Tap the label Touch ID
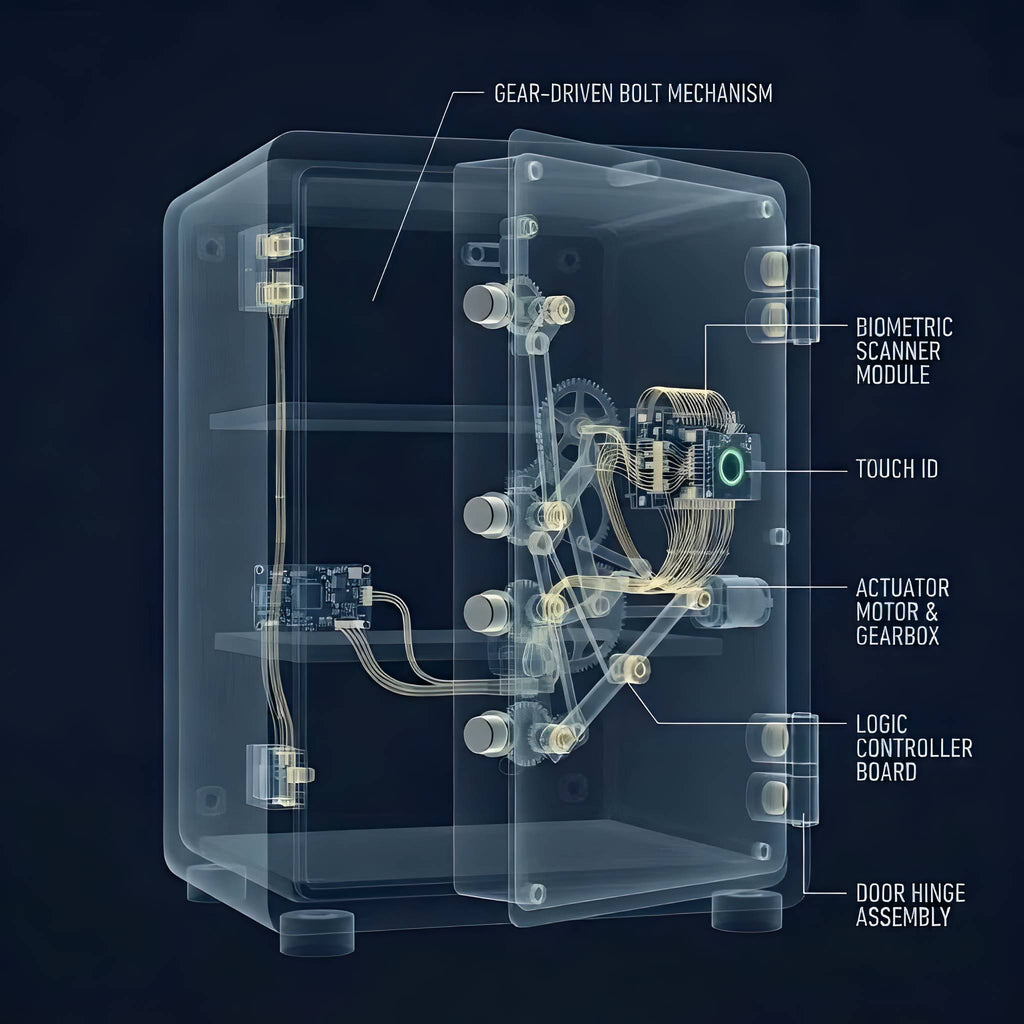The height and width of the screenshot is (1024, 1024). tap(897, 469)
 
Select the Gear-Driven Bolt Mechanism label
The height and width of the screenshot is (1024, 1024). tap(633, 93)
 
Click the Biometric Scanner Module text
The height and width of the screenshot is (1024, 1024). tap(904, 351)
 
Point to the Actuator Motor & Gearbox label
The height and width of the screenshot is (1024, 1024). tap(902, 612)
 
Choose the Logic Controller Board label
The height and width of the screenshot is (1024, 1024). tap(914, 748)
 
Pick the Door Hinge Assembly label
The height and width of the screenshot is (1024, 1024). tap(910, 904)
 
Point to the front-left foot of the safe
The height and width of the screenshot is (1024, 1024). tap(317, 932)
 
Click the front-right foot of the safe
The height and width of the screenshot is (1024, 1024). tap(746, 910)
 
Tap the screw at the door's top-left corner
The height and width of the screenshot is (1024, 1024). tap(534, 170)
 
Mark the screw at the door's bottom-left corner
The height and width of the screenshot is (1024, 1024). tap(536, 893)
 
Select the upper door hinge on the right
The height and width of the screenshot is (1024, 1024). tap(782, 293)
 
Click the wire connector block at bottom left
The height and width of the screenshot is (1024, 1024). tap(280, 776)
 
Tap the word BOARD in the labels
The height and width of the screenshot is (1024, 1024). tap(886, 772)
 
